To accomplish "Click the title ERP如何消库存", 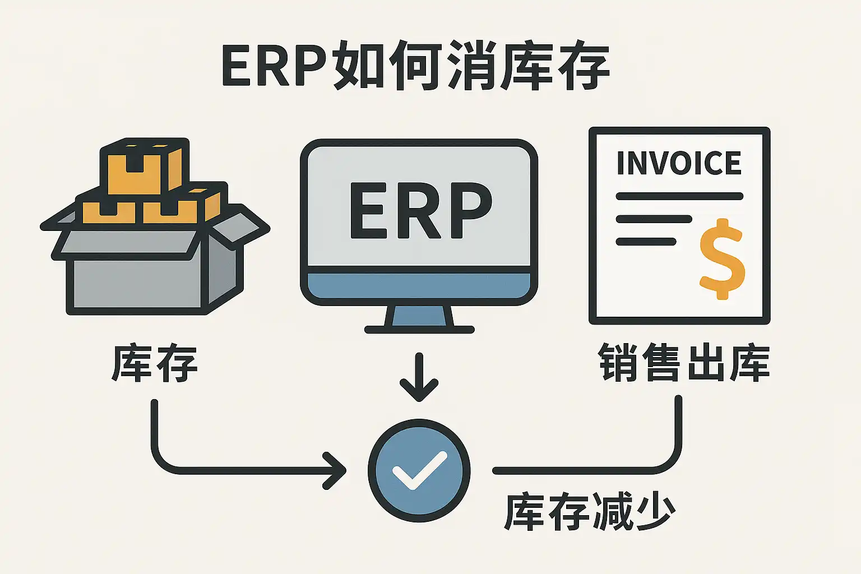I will (415, 66).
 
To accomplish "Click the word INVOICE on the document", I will (679, 163).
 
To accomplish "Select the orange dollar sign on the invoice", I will (722, 258).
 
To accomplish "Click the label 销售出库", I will (684, 363).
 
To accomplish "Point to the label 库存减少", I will (590, 511).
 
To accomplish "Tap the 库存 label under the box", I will (155, 364).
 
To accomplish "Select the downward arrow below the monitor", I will (419, 377).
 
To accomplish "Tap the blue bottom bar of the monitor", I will (419, 286).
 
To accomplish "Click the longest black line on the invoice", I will (679, 196).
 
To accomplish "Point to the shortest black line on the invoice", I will (646, 242).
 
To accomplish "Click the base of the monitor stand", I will (419, 330).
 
